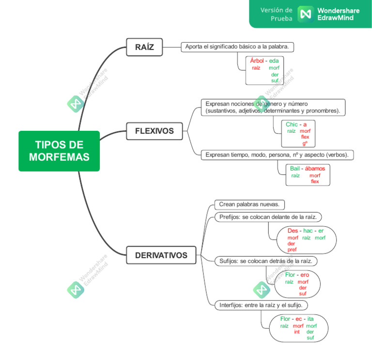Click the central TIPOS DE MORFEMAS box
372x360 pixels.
[x=59, y=151]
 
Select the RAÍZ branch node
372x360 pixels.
[x=144, y=47]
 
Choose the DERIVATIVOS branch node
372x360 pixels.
[x=161, y=255]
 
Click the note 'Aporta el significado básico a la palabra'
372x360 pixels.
[x=237, y=47]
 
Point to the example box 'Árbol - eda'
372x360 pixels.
[x=264, y=70]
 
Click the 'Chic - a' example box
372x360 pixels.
[x=298, y=133]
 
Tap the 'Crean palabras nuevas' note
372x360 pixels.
[x=249, y=204]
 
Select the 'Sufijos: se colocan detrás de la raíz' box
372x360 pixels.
[x=266, y=261]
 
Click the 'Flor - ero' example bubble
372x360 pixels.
[x=297, y=284]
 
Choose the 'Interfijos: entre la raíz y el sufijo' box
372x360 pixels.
[x=261, y=305]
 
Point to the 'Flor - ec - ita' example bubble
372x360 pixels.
[x=297, y=328]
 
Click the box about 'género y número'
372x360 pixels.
[x=273, y=108]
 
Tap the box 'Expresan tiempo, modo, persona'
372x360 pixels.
[x=278, y=155]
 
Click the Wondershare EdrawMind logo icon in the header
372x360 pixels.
[x=305, y=14]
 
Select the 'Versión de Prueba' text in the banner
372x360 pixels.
[x=277, y=14]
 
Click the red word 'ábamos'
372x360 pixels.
[x=315, y=168]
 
